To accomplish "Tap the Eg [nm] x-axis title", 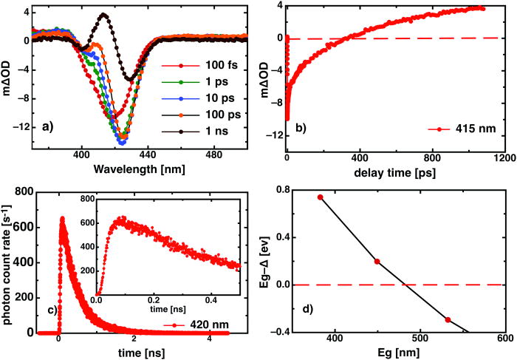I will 395,352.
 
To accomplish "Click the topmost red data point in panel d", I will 320,197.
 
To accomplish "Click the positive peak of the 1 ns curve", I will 103,15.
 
